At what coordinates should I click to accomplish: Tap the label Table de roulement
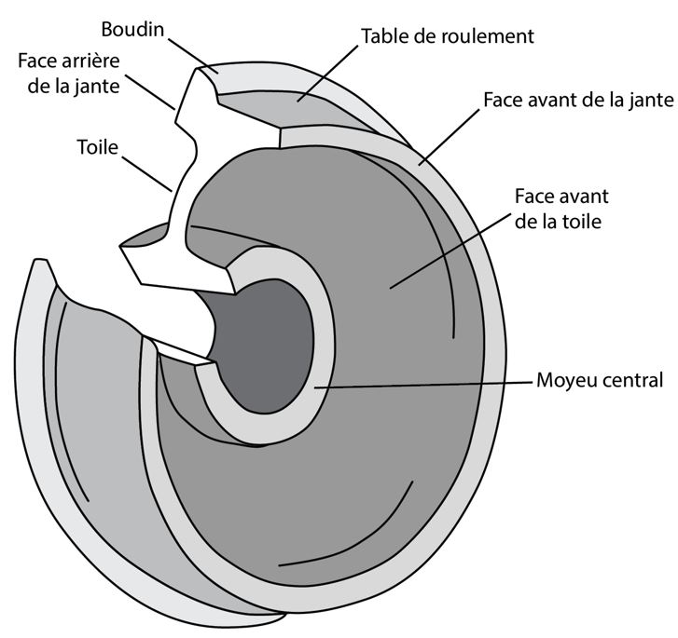447,36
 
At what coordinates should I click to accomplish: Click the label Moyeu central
600,381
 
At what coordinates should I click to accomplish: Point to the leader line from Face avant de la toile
449,251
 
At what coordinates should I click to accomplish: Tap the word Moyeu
564,381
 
